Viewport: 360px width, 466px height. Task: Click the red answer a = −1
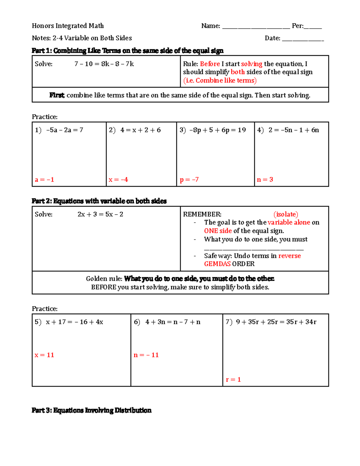[x=44, y=180]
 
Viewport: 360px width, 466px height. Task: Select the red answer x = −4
[x=118, y=180]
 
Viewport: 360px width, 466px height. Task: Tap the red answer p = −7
[x=189, y=180]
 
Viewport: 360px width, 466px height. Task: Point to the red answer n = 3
[x=265, y=179]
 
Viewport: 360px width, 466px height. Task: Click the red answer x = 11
[x=44, y=355]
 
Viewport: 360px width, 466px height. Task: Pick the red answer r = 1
[x=233, y=380]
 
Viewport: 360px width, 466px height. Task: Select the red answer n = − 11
[x=146, y=355]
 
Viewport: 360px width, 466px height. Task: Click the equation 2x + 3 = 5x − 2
[x=100, y=214]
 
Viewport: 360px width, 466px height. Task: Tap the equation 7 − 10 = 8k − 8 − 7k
[x=104, y=64]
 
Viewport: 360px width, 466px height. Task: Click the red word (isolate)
[x=286, y=214]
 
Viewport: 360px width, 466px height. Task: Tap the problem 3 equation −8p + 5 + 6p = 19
[x=217, y=130]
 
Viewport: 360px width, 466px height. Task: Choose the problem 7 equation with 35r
[x=276, y=322]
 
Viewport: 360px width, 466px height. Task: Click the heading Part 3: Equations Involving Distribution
[x=91, y=410]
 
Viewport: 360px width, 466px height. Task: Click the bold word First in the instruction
[x=57, y=95]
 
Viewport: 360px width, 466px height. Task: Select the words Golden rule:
[x=104, y=279]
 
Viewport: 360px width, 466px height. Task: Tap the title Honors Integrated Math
[x=68, y=26]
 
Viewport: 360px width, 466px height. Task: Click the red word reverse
[x=289, y=256]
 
